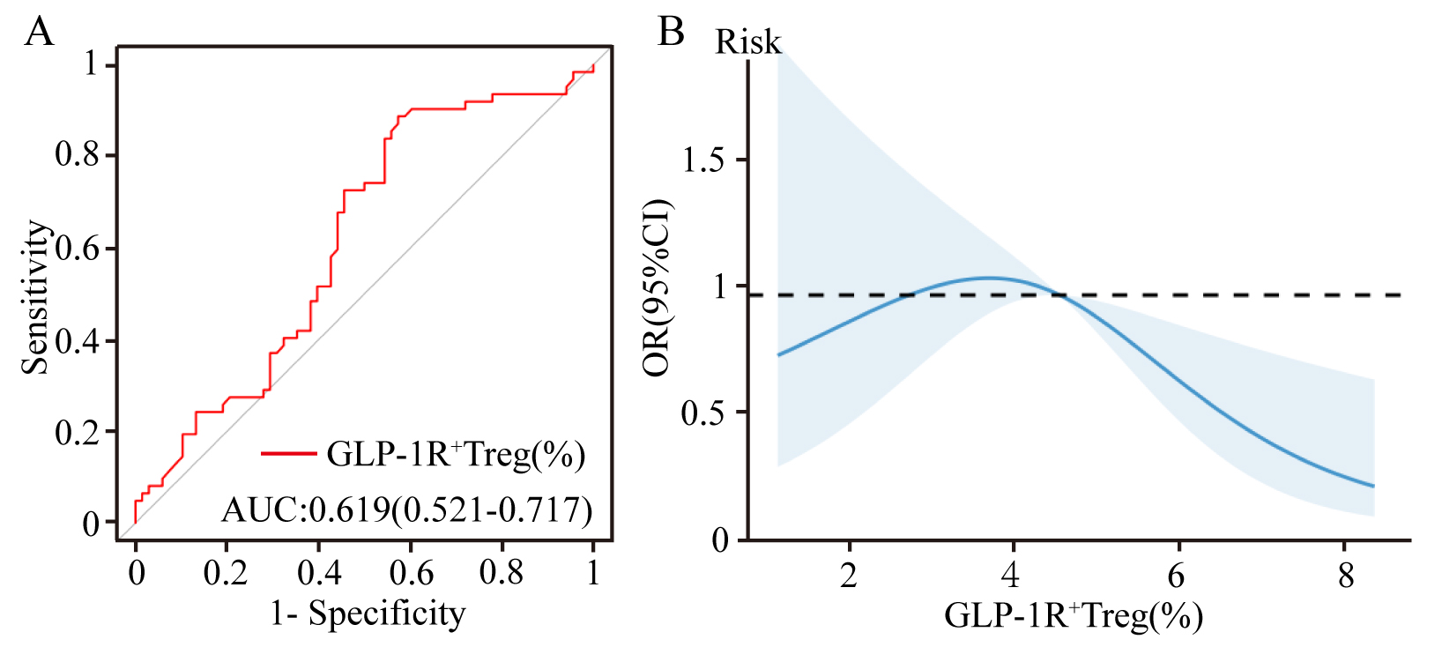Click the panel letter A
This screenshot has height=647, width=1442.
click(x=40, y=33)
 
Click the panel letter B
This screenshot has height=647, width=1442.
click(x=671, y=33)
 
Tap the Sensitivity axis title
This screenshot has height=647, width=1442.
click(x=36, y=297)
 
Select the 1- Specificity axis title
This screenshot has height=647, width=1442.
click(x=368, y=614)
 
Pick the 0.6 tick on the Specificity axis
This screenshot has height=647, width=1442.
click(x=411, y=573)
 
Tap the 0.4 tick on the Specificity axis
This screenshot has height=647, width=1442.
click(x=318, y=573)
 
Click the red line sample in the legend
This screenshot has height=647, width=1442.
click(x=288, y=454)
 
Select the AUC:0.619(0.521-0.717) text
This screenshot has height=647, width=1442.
click(x=406, y=509)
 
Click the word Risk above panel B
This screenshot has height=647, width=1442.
click(x=747, y=42)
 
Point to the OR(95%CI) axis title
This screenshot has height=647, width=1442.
click(x=657, y=288)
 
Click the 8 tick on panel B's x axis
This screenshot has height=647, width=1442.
click(x=1345, y=576)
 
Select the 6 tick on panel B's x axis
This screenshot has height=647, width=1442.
click(x=1176, y=576)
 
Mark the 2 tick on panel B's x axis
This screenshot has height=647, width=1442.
click(x=848, y=576)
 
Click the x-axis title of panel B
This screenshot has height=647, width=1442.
click(x=1074, y=615)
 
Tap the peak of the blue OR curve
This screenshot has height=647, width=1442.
click(x=989, y=279)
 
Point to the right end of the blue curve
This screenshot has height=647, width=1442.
click(x=1373, y=486)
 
